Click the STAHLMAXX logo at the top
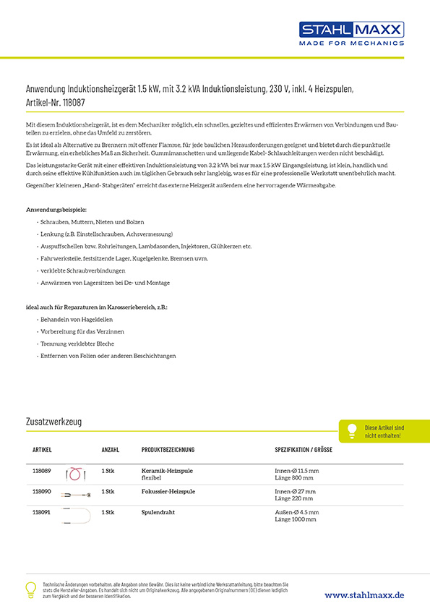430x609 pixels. [x=351, y=30]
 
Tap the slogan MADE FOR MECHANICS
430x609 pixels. [x=351, y=43]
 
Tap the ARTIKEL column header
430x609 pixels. [x=42, y=449]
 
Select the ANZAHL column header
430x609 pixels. [x=111, y=449]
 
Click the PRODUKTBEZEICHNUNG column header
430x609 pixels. [x=168, y=449]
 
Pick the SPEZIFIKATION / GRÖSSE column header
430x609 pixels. [x=304, y=449]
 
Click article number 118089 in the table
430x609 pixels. [x=42, y=471]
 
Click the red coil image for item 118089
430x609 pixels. [x=77, y=474]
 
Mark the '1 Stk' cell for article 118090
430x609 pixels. [x=108, y=491]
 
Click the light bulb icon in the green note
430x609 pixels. [x=353, y=430]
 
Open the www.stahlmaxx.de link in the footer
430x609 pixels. [x=364, y=595]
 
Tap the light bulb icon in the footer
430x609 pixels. [x=30, y=589]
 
